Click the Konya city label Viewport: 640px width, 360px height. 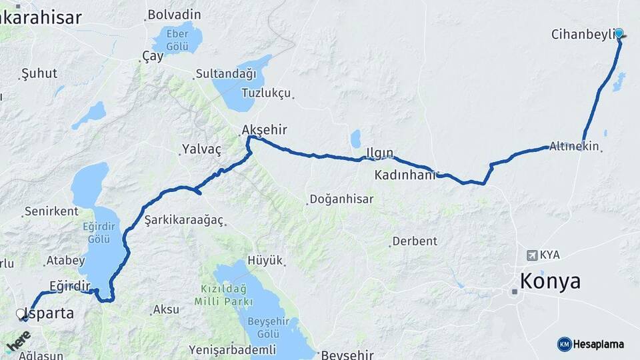tap(550, 281)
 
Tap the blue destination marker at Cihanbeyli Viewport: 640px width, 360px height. tap(619, 33)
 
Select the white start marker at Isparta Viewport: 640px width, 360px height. tap(21, 313)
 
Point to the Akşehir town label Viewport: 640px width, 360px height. tap(265, 129)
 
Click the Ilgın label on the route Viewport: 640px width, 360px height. tap(381, 153)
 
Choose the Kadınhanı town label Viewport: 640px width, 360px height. tap(404, 175)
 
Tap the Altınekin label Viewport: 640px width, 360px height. tap(574, 146)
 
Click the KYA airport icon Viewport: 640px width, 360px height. tap(531, 255)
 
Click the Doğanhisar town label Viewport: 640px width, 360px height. tap(341, 199)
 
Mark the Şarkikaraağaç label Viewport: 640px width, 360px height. tap(183, 220)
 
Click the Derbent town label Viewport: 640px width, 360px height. tap(415, 241)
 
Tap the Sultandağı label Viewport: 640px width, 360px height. tap(225, 74)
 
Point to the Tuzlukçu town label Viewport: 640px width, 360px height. tap(266, 93)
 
